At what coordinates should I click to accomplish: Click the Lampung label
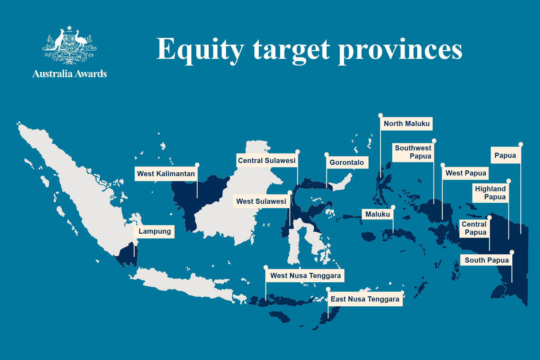(x=155, y=231)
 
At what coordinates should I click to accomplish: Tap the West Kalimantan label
(x=166, y=174)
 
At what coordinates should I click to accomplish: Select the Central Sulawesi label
(x=267, y=161)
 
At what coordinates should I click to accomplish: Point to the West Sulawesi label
(x=261, y=201)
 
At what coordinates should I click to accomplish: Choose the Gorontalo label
(x=346, y=163)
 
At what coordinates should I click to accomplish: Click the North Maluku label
(x=406, y=124)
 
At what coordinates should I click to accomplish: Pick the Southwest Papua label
(x=413, y=152)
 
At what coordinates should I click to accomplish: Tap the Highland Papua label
(x=491, y=193)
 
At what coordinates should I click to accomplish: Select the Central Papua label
(x=474, y=228)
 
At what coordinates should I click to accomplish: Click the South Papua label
(x=487, y=260)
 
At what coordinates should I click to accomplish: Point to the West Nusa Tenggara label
(x=305, y=275)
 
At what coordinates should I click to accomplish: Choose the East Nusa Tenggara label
(x=365, y=299)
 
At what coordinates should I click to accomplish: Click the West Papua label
(x=465, y=173)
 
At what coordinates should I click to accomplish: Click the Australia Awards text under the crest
(x=69, y=74)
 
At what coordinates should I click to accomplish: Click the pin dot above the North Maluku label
(x=381, y=115)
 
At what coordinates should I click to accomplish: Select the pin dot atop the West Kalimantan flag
(x=197, y=165)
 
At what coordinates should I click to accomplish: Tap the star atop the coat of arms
(x=69, y=28)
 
